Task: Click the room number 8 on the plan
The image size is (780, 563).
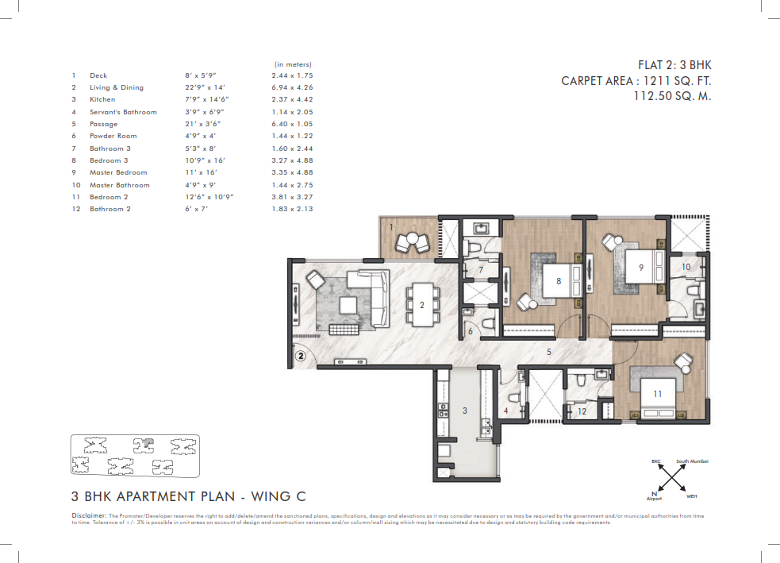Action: click(x=559, y=281)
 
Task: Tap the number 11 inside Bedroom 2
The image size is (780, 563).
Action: click(x=657, y=394)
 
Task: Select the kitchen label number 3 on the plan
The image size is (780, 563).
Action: click(x=465, y=411)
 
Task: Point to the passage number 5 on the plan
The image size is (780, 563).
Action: click(x=548, y=352)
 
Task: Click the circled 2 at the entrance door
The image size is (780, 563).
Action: click(x=301, y=356)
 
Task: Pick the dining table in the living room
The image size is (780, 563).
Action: click(x=422, y=305)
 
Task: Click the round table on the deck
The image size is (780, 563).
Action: click(x=412, y=240)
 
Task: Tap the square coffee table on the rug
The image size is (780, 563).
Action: click(x=348, y=305)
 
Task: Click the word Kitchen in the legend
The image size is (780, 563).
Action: click(x=102, y=99)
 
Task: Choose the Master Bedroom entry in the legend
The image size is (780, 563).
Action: click(x=118, y=173)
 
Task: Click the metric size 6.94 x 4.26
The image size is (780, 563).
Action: click(x=292, y=87)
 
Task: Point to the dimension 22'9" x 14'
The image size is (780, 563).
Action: click(x=205, y=87)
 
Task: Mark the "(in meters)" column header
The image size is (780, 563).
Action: click(x=293, y=64)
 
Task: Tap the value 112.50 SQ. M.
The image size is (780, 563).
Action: click(x=672, y=96)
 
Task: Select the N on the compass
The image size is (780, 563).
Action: click(x=654, y=494)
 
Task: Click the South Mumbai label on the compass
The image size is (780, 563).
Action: click(x=692, y=461)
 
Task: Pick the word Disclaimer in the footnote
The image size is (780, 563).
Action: click(x=89, y=515)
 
